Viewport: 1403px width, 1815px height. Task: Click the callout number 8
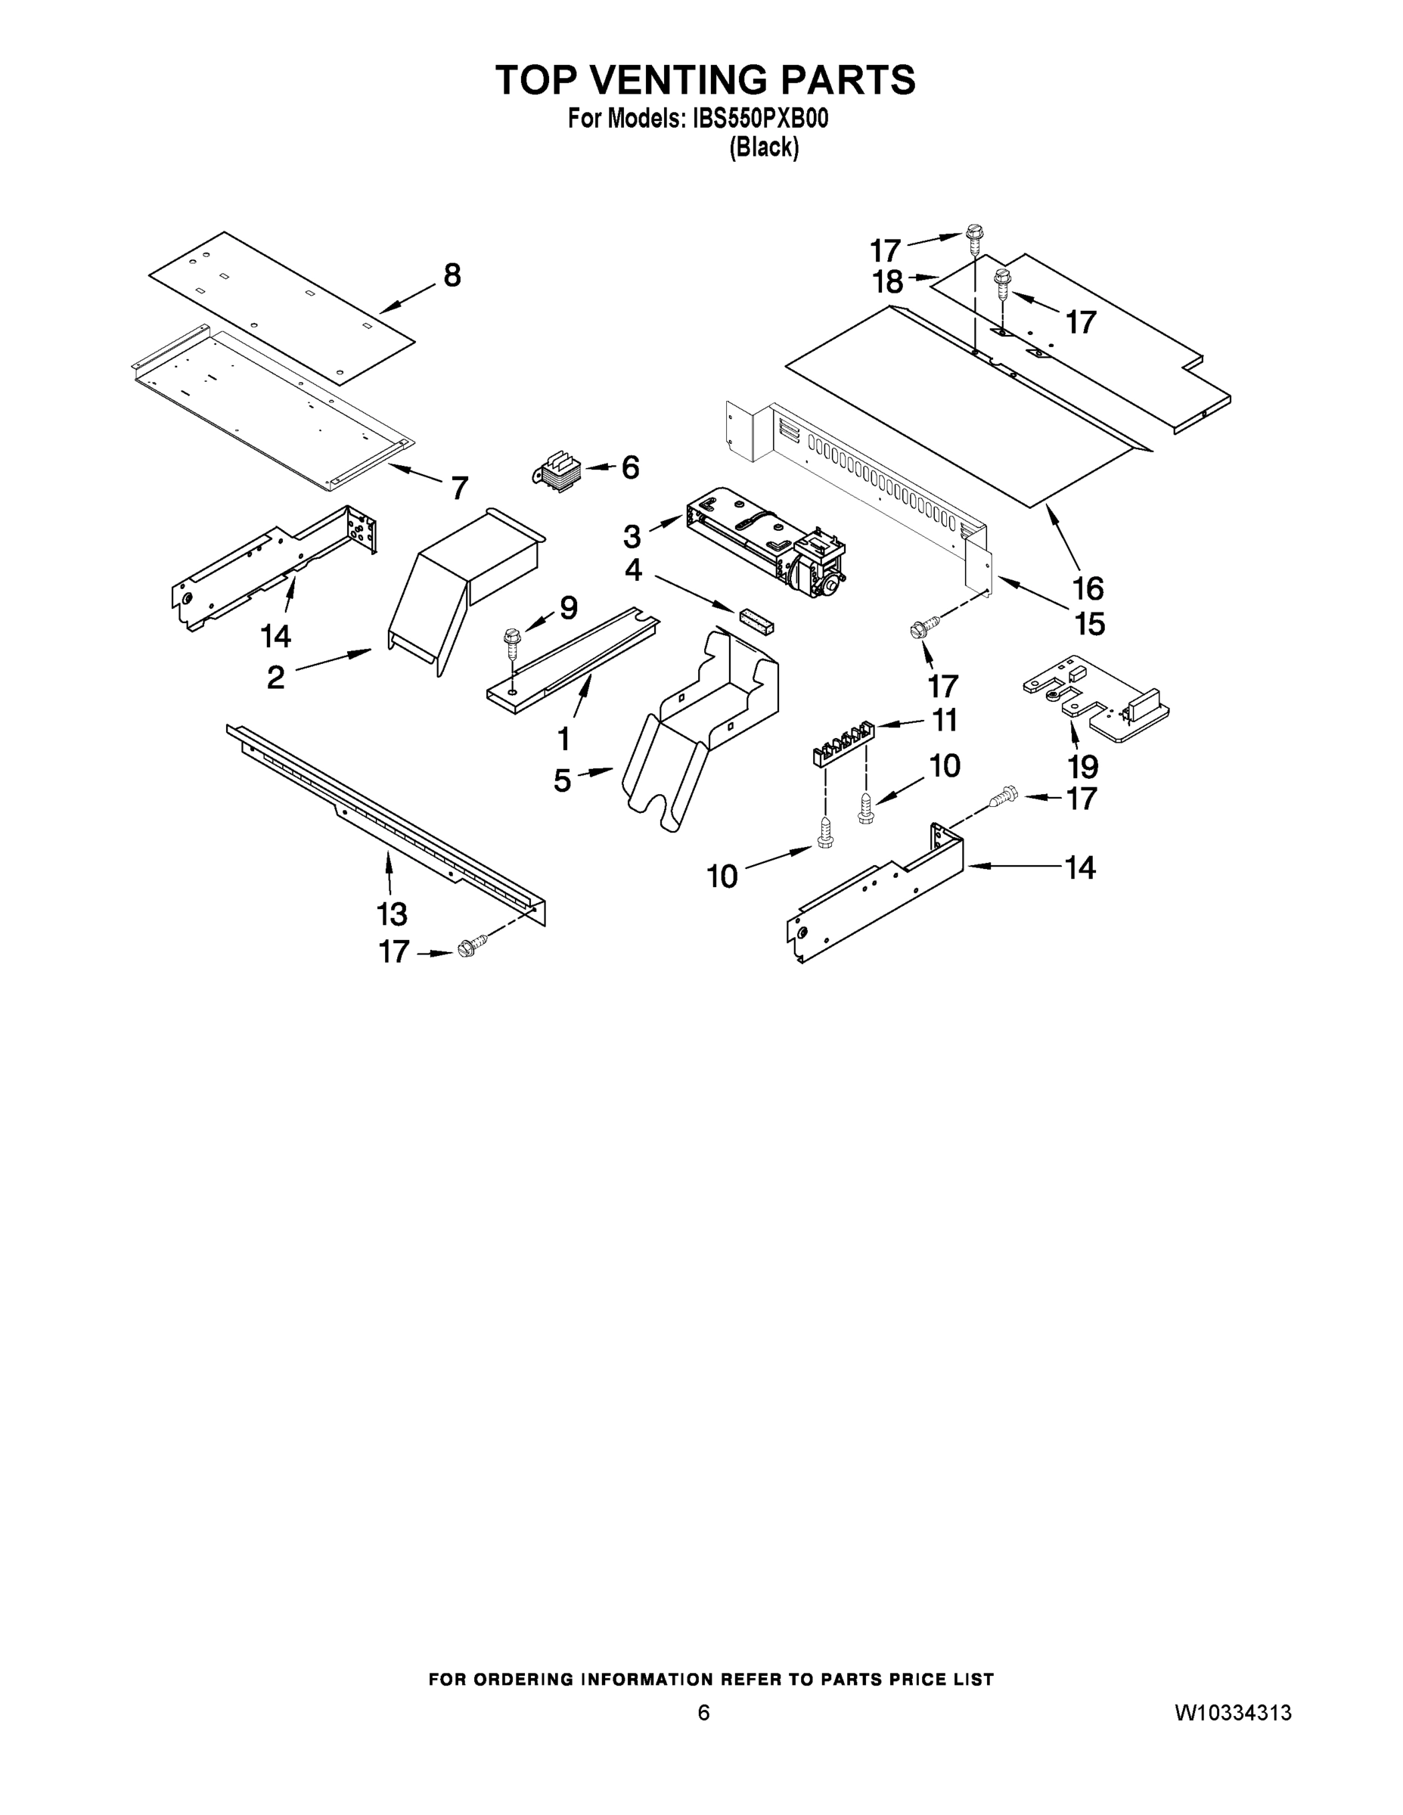452,275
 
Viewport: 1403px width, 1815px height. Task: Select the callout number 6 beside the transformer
631,468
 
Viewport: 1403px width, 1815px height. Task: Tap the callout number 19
1083,766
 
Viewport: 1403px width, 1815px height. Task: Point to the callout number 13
392,914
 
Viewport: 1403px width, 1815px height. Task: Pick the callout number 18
888,283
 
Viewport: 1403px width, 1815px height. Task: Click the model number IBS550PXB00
759,119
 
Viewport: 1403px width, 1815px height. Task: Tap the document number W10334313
1233,1714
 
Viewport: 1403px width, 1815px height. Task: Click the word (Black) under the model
764,148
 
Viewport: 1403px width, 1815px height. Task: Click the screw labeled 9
511,641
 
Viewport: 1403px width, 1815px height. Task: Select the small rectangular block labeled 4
755,619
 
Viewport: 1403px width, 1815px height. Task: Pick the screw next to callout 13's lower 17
469,948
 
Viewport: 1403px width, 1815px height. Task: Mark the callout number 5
563,781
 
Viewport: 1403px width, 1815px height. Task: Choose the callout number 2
276,678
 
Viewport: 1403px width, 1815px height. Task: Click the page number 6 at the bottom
703,1713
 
